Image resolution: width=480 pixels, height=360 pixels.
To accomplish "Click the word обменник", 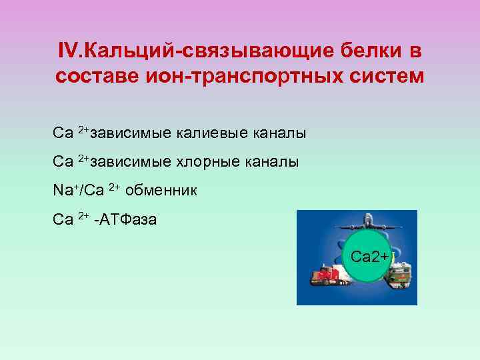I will pyautogui.click(x=161, y=191).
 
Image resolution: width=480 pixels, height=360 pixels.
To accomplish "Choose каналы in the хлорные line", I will pyautogui.click(x=275, y=162).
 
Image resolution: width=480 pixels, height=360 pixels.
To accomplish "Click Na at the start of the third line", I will pyautogui.click(x=63, y=191).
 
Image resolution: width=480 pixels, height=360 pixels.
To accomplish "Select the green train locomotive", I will pyautogui.click(x=401, y=274).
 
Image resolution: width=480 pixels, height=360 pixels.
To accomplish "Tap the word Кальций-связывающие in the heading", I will pyautogui.click(x=201, y=51).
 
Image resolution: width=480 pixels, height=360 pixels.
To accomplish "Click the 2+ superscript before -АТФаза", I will pyautogui.click(x=83, y=216).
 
